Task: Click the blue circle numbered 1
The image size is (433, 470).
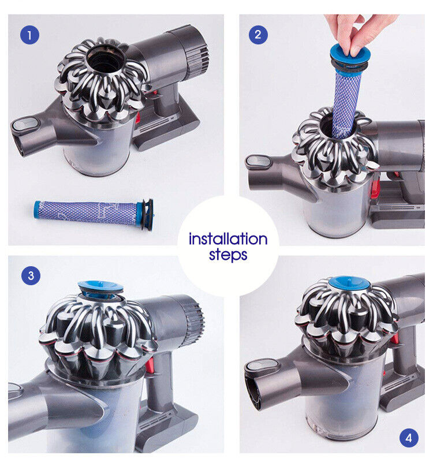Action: (x=29, y=35)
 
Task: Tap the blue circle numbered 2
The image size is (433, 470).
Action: (x=258, y=35)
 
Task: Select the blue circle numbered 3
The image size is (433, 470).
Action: (x=31, y=275)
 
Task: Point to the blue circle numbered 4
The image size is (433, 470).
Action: (x=409, y=438)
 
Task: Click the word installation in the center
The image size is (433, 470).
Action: (x=228, y=239)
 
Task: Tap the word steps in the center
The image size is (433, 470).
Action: (x=228, y=255)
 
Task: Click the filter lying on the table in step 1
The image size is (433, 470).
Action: (x=94, y=214)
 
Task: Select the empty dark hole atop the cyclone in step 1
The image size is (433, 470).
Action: (x=105, y=61)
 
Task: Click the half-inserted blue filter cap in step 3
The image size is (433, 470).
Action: (x=100, y=290)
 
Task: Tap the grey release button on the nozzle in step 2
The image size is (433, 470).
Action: (x=259, y=161)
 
